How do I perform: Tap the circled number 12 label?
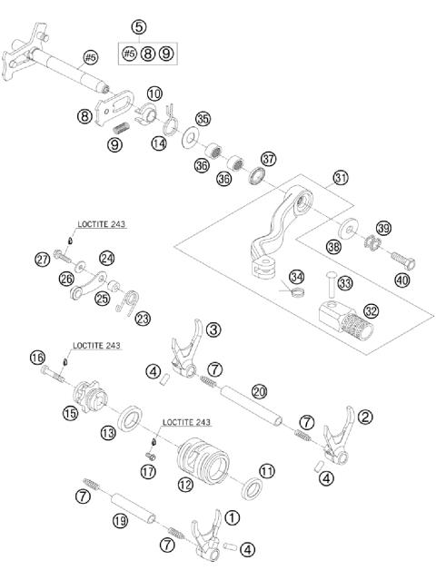click(x=185, y=485)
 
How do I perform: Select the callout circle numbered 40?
click(x=401, y=280)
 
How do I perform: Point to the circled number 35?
click(x=203, y=119)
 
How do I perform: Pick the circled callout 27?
click(x=43, y=260)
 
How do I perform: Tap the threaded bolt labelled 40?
click(x=400, y=258)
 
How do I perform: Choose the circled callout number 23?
click(x=143, y=317)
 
